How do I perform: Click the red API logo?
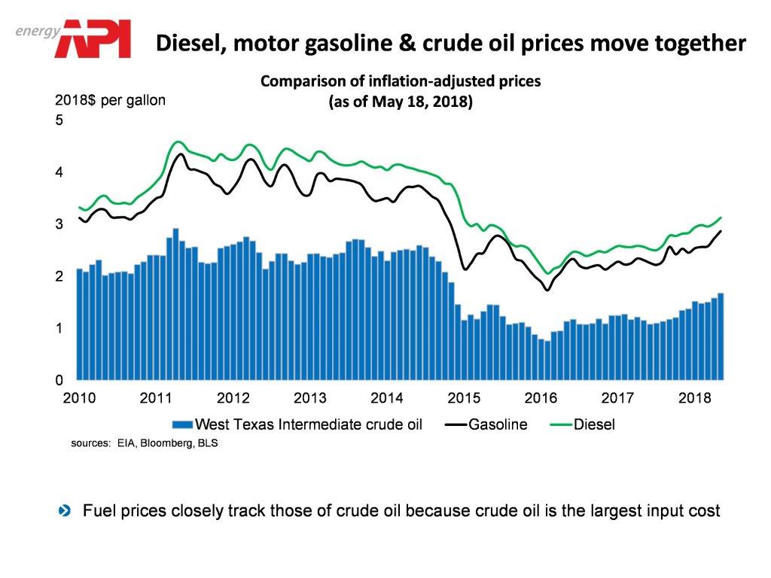click(x=96, y=39)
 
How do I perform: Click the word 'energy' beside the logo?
click(x=37, y=29)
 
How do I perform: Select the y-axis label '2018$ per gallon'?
click(x=111, y=100)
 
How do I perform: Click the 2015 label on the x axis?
click(x=462, y=397)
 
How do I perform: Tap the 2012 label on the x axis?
click(x=233, y=397)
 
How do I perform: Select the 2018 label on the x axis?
click(x=692, y=397)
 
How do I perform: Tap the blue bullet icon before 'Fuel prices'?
click(x=65, y=511)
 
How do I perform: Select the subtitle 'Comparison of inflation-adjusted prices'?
click(x=400, y=81)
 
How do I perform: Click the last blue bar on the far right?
click(x=721, y=339)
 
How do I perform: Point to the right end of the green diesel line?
click(x=721, y=218)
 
